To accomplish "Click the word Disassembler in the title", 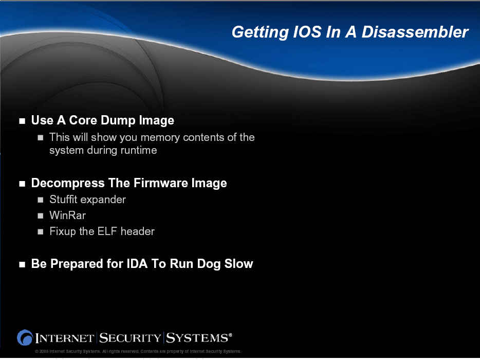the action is (x=415, y=32).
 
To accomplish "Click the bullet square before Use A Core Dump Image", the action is (x=22, y=121).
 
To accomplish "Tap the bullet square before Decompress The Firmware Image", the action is (x=22, y=184).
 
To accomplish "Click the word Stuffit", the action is (x=63, y=200).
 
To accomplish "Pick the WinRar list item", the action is (x=67, y=215).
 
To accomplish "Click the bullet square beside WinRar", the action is (x=41, y=215).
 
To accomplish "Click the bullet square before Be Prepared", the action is (x=22, y=264).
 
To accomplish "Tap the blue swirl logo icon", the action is (x=25, y=338).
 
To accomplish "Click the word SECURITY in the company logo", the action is (x=130, y=338).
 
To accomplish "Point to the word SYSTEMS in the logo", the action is (x=197, y=338).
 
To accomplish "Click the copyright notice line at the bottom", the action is (x=138, y=351).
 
